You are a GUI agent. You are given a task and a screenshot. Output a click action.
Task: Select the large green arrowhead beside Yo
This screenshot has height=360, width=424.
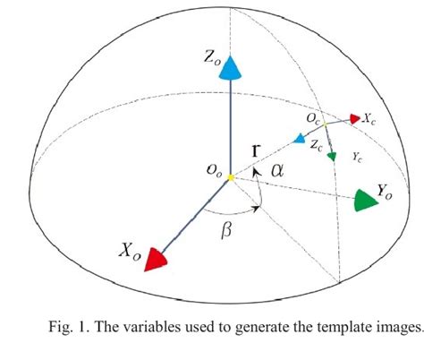tap(366, 200)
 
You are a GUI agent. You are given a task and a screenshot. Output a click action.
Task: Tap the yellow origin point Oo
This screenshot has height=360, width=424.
tap(231, 177)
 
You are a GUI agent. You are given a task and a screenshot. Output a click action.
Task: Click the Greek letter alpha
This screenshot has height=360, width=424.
tap(278, 168)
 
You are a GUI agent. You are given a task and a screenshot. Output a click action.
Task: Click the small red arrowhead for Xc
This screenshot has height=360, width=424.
tap(355, 118)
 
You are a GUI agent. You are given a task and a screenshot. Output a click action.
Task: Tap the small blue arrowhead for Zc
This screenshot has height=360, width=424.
tap(299, 139)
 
